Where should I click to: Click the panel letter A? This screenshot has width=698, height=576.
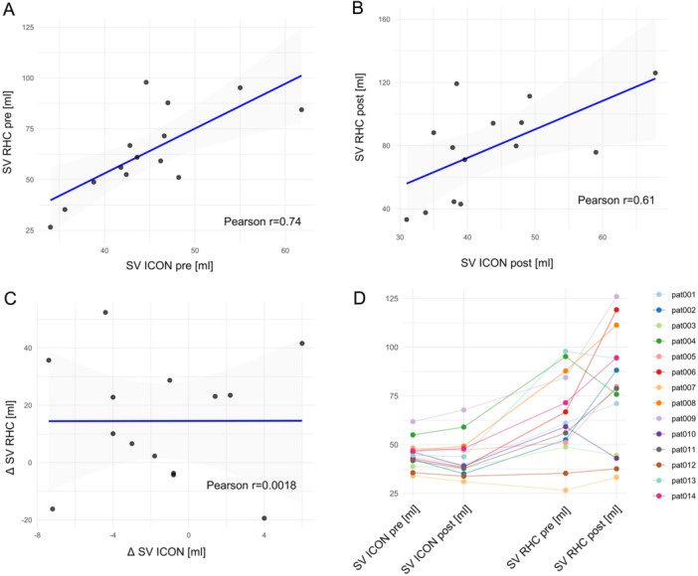tap(9, 9)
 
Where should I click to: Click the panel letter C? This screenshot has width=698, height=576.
tap(10, 299)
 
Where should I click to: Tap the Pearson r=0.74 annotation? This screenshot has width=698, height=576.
tap(262, 221)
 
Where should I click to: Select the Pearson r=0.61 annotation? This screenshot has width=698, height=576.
tap(616, 201)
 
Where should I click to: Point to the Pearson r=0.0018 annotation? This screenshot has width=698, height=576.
tap(252, 485)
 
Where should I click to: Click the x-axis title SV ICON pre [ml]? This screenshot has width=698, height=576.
tap(170, 266)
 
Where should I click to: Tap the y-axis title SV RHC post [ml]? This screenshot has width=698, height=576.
tap(360, 117)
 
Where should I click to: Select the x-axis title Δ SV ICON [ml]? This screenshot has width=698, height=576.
tap(166, 552)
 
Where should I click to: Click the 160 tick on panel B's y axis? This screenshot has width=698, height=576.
tap(384, 20)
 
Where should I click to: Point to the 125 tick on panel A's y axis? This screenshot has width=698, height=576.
tap(28, 28)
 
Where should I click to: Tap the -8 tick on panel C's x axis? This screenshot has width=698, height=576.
tap(39, 535)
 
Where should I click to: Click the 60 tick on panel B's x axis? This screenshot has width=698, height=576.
tap(603, 237)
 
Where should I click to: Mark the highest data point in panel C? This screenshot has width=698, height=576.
tap(105, 313)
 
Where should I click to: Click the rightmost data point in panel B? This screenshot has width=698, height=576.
tap(655, 72)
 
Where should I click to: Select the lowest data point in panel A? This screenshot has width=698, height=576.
tap(51, 227)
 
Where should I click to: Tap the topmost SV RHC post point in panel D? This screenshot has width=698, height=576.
tap(616, 297)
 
